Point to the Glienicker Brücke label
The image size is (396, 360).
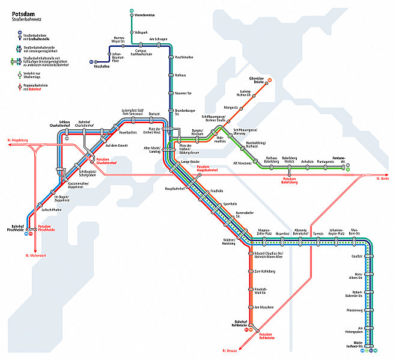point(257,81)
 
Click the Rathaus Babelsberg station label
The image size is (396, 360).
point(271,159)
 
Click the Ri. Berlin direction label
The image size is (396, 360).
point(383,178)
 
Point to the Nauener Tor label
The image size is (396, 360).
point(183,94)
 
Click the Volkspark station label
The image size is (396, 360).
point(141,31)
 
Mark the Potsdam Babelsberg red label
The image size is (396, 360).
point(293,182)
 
